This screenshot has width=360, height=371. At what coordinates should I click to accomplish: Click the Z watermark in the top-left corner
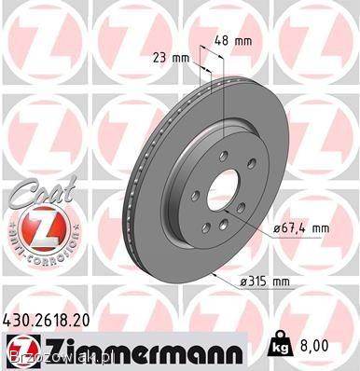(28, 28)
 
